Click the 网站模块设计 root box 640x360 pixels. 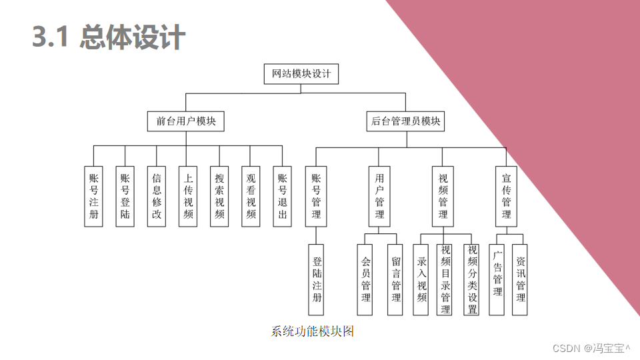tap(301, 74)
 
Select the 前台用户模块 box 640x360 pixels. tap(186, 121)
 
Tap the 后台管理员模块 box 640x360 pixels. tap(406, 121)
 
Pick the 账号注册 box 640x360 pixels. tap(94, 196)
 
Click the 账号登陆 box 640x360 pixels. tap(125, 196)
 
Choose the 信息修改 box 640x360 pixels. tap(157, 196)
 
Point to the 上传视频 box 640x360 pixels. tap(188, 196)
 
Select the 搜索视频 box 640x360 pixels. tap(219, 196)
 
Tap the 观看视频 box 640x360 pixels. tap(251, 196)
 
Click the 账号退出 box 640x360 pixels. tap(282, 196)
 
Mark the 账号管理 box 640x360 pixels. tap(316, 196)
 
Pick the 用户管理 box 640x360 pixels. tap(379, 196)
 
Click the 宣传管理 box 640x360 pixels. tap(506, 196)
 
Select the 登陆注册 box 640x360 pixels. tap(317, 279)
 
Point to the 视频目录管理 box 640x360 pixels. tap(445, 279)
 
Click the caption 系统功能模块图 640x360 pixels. tap(312, 331)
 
